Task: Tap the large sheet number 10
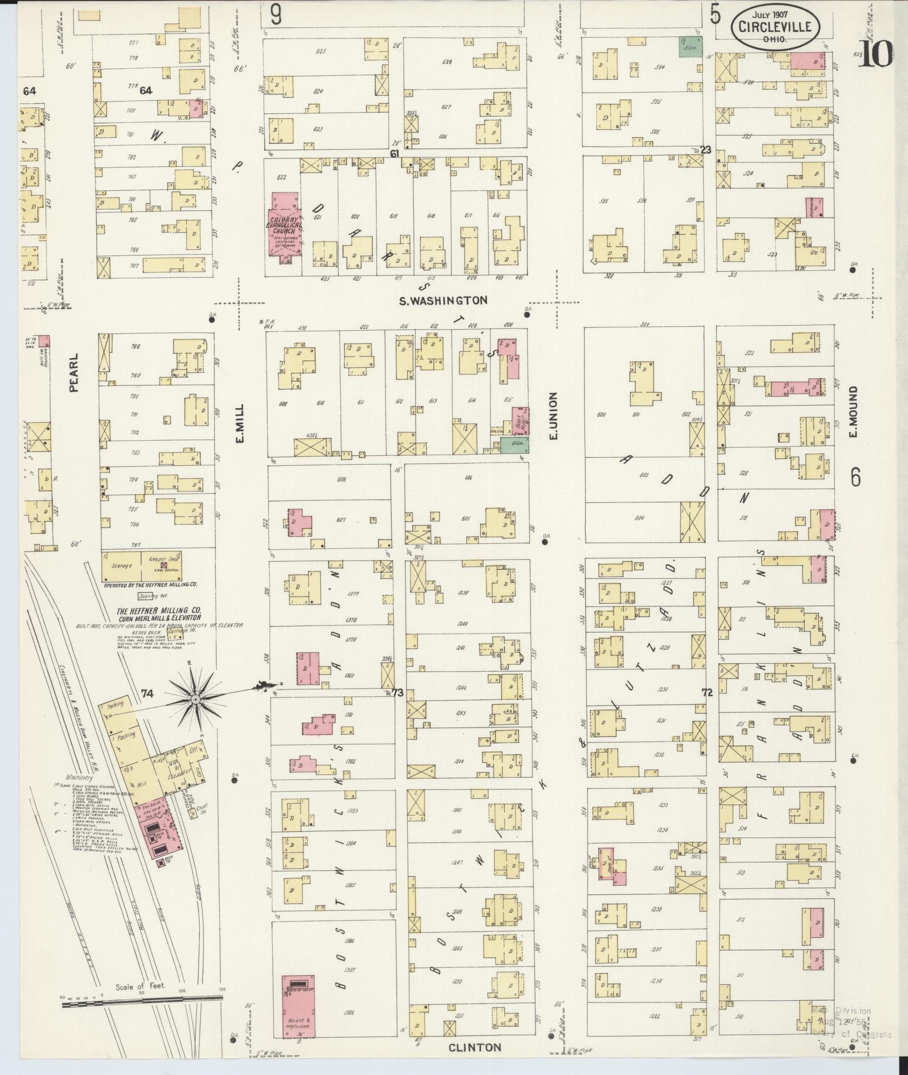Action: tap(876, 55)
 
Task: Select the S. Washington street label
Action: tap(443, 300)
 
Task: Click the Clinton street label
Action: tap(475, 1048)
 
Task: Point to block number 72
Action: tap(707, 693)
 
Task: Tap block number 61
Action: tap(395, 153)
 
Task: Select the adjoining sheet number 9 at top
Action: tap(276, 15)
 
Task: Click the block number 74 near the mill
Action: tap(147, 693)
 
